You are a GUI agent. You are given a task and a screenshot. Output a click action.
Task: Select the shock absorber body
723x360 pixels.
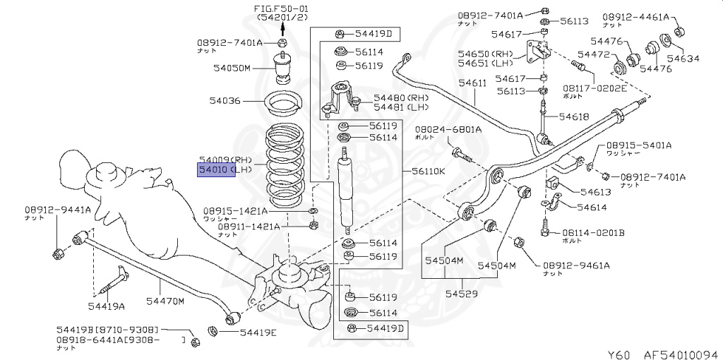click(345, 191)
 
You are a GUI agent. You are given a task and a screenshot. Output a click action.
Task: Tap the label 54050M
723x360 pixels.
click(232, 68)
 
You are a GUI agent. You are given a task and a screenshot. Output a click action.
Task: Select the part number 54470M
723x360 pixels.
click(165, 301)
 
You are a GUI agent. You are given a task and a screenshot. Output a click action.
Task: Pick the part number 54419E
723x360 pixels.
click(258, 332)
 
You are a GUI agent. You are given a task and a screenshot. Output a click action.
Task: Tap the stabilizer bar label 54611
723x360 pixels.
click(472, 83)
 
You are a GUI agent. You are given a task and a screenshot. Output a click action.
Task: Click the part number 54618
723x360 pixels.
click(574, 116)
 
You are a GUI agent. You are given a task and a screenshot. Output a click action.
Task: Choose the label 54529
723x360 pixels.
click(461, 292)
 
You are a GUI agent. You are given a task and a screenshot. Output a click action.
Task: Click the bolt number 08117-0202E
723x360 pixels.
click(594, 88)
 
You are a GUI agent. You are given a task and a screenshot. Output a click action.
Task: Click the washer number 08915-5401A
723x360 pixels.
click(638, 145)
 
